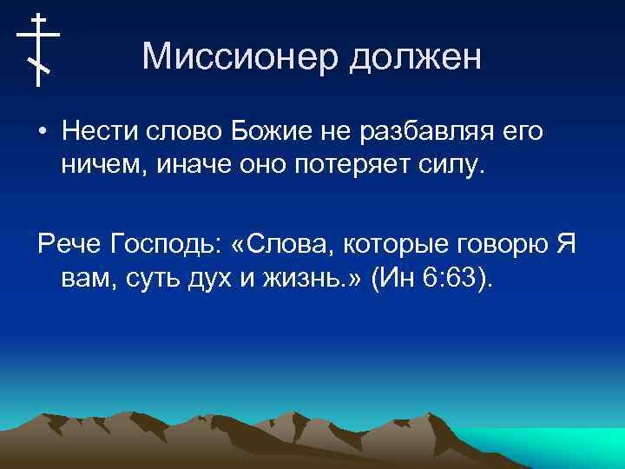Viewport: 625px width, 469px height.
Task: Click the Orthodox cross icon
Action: [38, 50]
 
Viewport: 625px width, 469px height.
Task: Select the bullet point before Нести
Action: [43, 133]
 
